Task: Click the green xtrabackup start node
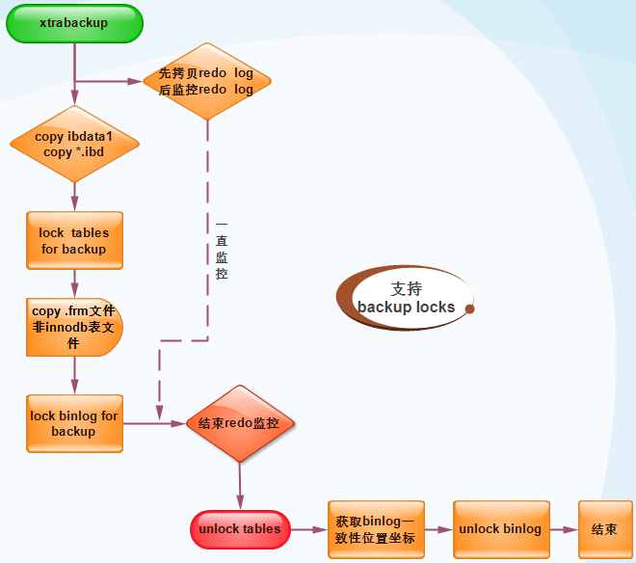pos(74,23)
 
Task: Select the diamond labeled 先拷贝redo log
pos(206,81)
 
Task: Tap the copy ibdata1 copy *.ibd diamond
pos(74,145)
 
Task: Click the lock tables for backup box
pos(74,240)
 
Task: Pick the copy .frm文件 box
pos(74,327)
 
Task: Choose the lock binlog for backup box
pos(74,423)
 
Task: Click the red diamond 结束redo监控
pos(238,423)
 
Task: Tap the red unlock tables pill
pos(239,528)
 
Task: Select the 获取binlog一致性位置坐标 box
pos(376,529)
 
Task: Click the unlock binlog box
pos(500,529)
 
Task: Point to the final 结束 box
pos(604,529)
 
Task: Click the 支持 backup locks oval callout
pos(406,298)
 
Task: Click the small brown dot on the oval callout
pos(469,308)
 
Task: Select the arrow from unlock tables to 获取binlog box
pos(308,529)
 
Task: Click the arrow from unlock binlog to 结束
pos(564,529)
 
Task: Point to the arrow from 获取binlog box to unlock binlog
pos(438,529)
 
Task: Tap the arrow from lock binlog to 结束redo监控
pos(154,423)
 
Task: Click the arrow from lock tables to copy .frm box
pos(74,283)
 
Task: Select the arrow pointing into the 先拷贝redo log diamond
pos(111,81)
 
